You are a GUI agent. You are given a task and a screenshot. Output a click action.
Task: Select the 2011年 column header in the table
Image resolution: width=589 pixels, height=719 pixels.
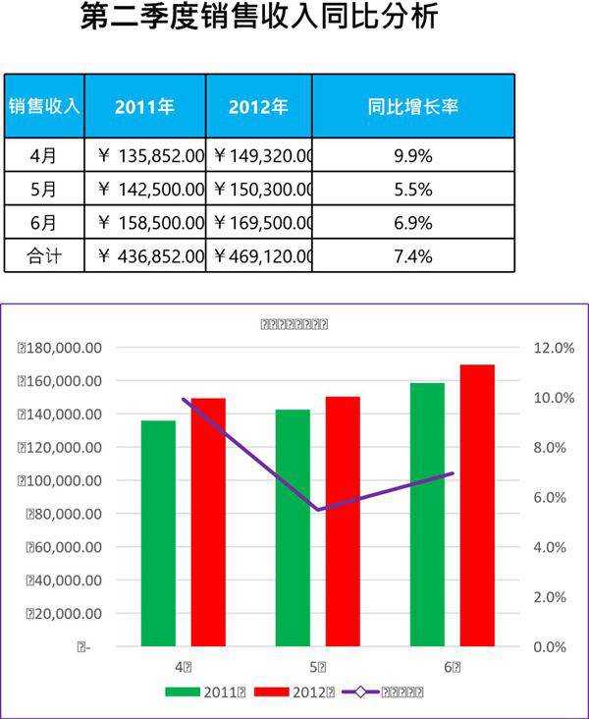(x=144, y=106)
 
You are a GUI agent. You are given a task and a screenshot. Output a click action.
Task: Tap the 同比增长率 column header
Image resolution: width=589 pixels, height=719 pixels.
(x=412, y=106)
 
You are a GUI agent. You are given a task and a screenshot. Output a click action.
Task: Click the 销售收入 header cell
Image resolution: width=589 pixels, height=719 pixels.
(x=44, y=106)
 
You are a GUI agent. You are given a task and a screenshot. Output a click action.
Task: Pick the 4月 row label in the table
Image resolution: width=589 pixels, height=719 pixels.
(x=44, y=155)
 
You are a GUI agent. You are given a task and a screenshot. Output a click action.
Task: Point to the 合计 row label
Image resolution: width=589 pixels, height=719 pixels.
(x=44, y=256)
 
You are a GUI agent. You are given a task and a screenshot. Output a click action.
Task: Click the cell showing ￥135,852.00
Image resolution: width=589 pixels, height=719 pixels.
(x=151, y=155)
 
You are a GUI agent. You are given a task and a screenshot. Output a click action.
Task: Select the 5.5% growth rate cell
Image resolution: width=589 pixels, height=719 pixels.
(x=412, y=190)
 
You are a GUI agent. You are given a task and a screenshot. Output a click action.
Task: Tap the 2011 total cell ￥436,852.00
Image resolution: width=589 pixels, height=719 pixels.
(x=151, y=256)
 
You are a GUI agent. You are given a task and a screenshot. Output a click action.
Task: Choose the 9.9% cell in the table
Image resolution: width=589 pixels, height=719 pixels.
(x=412, y=155)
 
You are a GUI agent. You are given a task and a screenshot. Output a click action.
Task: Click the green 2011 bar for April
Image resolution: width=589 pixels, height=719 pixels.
(x=158, y=533)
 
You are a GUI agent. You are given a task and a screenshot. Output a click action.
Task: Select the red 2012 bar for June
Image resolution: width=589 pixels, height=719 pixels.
(x=477, y=505)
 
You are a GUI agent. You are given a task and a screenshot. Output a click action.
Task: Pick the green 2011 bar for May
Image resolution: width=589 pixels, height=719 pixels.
(x=293, y=527)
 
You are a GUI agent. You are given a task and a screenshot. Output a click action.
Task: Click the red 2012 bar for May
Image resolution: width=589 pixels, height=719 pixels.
(x=343, y=522)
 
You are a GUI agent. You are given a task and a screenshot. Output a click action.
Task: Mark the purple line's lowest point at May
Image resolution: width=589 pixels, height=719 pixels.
(x=318, y=510)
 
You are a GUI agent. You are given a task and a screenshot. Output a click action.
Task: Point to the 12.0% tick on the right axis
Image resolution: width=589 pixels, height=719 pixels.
(x=553, y=348)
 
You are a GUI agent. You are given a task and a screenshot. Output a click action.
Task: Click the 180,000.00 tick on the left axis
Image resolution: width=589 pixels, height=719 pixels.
(x=61, y=348)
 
